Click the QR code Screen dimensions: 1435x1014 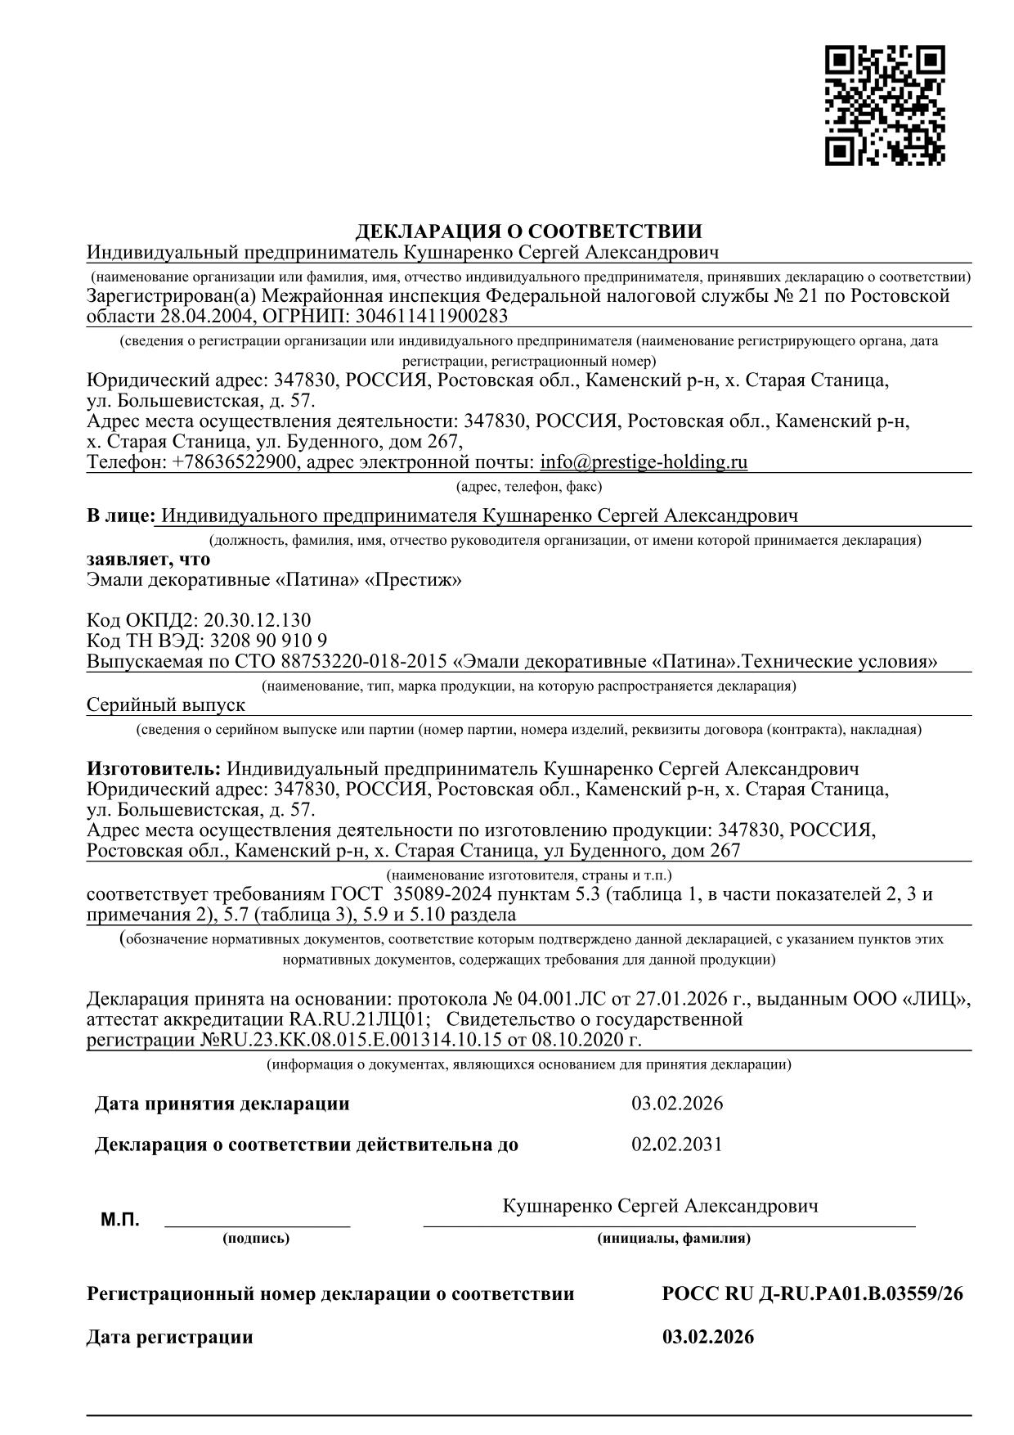885,106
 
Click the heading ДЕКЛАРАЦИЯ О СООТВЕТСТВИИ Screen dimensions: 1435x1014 529,232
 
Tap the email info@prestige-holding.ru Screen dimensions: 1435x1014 644,462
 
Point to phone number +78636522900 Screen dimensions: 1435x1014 235,462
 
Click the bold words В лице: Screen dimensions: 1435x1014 120,515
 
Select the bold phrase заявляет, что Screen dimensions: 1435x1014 148,560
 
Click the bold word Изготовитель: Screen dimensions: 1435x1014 154,769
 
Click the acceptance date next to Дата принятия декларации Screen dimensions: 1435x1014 677,1104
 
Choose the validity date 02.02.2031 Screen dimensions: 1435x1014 677,1144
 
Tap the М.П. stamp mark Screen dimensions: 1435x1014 120,1221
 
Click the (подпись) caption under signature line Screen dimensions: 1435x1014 256,1239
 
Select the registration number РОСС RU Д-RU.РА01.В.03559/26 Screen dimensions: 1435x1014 813,1294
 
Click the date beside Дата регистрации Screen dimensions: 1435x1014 708,1338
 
